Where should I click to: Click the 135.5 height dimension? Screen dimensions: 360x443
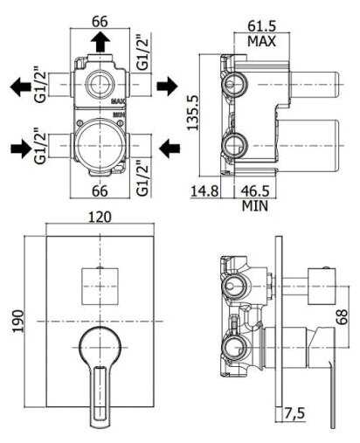(192, 113)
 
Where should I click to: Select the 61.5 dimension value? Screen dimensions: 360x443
(261, 26)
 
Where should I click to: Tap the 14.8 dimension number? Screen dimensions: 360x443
(204, 191)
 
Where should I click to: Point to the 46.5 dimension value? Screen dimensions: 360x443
(255, 191)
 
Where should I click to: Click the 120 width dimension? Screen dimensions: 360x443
(100, 217)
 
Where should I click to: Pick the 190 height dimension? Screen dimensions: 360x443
(18, 321)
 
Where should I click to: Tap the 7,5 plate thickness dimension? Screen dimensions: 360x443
(294, 413)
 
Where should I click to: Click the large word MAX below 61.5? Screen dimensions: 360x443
(261, 41)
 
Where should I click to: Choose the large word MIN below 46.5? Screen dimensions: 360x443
(255, 205)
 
